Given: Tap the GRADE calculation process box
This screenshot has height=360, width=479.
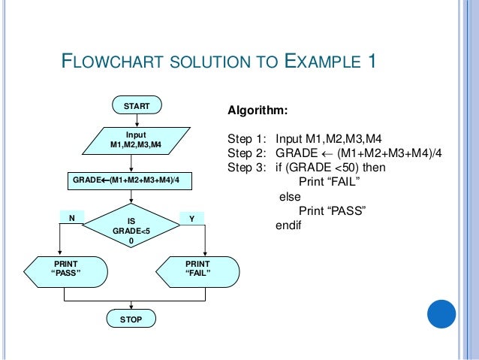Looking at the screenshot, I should pos(131,181).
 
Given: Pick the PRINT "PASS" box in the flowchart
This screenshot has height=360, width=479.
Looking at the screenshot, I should pos(65,268).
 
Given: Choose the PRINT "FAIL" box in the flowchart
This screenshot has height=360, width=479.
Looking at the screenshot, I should pos(199,268).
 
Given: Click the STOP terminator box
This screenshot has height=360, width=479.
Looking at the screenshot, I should pos(131,319).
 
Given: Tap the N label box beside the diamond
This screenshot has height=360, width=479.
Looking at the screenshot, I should pos(72,218).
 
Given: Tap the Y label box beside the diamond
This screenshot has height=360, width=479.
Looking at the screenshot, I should pos(191,218).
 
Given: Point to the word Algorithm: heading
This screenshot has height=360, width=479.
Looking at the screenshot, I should pos(257,111).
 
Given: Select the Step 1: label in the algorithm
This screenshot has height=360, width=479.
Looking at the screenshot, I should pos(247,139).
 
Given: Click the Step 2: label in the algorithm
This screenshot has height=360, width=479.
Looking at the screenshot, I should pos(247,153).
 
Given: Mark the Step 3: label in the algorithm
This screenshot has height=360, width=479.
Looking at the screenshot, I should pos(247,167).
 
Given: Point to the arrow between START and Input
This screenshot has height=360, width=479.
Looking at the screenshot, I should pos(133,121).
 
